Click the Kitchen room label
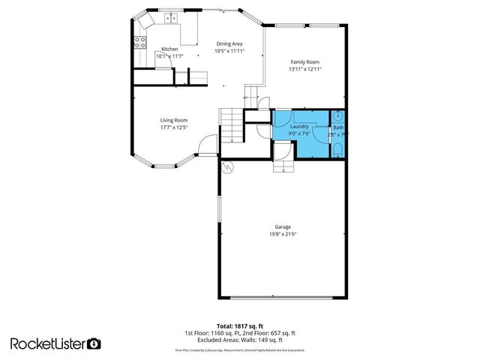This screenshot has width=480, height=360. [x=169, y=49]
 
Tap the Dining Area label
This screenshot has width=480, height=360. [x=229, y=43]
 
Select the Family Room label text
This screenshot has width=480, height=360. [x=305, y=61]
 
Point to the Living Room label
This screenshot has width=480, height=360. [x=173, y=120]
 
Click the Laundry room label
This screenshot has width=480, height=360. [x=300, y=127]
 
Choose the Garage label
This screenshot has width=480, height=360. [x=283, y=226]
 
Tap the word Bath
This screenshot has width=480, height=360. [x=338, y=127]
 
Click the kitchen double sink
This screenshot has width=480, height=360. [x=170, y=17]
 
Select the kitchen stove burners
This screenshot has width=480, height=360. [x=139, y=42]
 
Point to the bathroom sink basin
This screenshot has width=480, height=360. [x=339, y=116]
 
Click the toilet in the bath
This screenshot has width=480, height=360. [x=338, y=150]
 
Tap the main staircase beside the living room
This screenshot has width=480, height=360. [x=231, y=124]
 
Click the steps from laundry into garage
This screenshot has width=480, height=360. [x=283, y=166]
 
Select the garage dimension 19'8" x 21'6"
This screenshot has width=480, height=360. [x=283, y=234]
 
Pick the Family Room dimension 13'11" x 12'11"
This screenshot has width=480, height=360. [x=305, y=69]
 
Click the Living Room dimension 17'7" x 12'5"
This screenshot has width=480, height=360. [x=173, y=127]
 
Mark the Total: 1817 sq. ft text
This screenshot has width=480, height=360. [x=240, y=325]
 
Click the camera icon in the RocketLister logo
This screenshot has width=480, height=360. [x=94, y=343]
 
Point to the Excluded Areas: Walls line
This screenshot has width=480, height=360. [x=240, y=340]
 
